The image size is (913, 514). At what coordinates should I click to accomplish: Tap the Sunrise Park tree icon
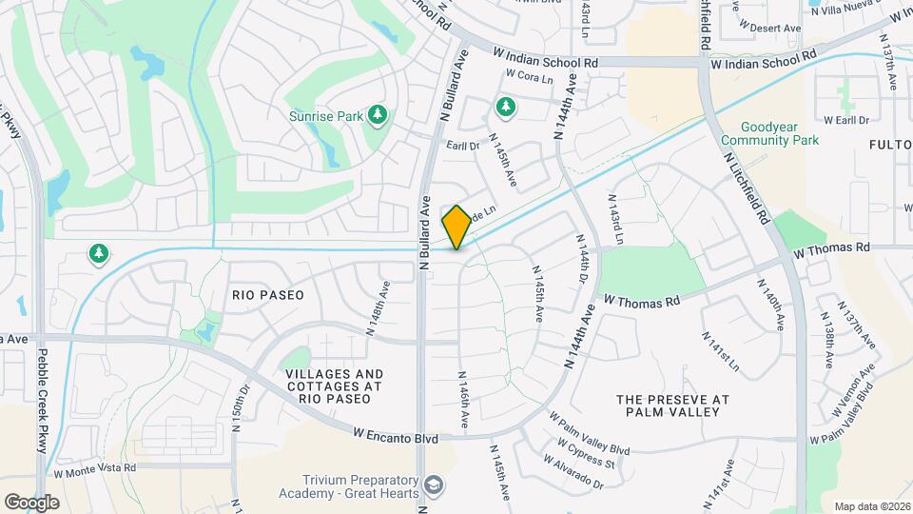pos(379,115)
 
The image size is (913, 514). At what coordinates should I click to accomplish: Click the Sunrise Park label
pos(326,116)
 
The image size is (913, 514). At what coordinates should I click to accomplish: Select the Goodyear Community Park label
pos(780,133)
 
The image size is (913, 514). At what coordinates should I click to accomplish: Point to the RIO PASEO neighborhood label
pos(268,295)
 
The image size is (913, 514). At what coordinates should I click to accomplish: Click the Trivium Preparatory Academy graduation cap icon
pos(434,485)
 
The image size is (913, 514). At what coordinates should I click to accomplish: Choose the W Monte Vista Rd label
pos(95,468)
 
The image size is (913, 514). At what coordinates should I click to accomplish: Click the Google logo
pos(30,502)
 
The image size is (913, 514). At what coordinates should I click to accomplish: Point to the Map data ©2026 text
pos(870,506)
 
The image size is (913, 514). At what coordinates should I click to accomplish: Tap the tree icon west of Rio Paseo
pos(97,253)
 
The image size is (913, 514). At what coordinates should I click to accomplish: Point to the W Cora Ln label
pos(529,74)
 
